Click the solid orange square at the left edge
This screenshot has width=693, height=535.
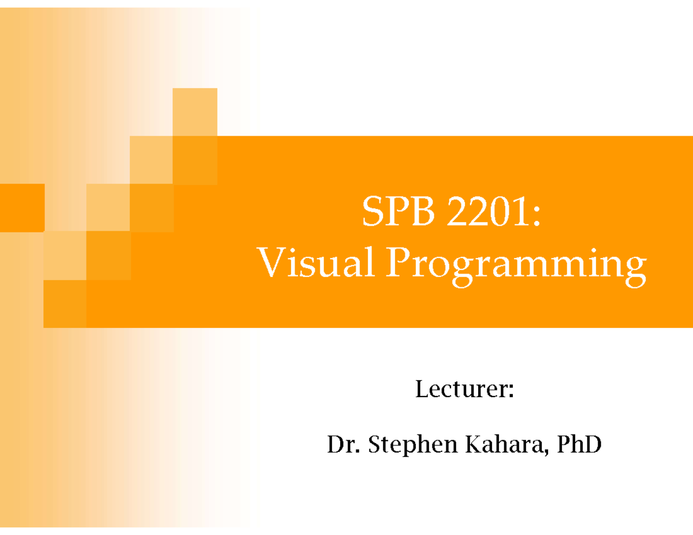pyautogui.click(x=22, y=208)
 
